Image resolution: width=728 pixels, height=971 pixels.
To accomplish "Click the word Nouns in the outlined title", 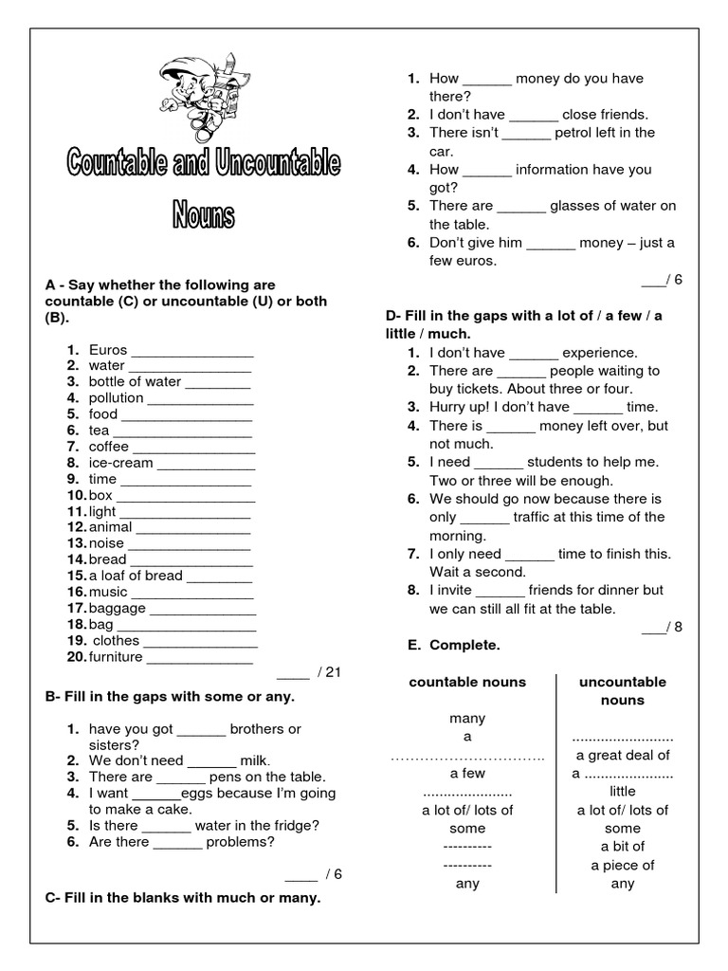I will tap(203, 215).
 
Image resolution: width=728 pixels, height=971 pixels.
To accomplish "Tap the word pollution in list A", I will tap(116, 397).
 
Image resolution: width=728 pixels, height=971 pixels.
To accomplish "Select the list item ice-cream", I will tap(121, 463).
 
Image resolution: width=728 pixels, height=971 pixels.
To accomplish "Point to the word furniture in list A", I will tap(116, 656).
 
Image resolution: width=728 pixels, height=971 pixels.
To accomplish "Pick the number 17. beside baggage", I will tap(77, 608).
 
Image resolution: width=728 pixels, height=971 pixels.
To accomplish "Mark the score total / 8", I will tap(662, 627).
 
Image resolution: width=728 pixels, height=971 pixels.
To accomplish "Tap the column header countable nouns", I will tap(467, 682).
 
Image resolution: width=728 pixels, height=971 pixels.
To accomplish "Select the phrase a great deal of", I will tap(623, 755).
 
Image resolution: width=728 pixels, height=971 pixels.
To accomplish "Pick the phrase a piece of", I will tap(623, 865).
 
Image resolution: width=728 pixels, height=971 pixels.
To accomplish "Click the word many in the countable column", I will tap(467, 719).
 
